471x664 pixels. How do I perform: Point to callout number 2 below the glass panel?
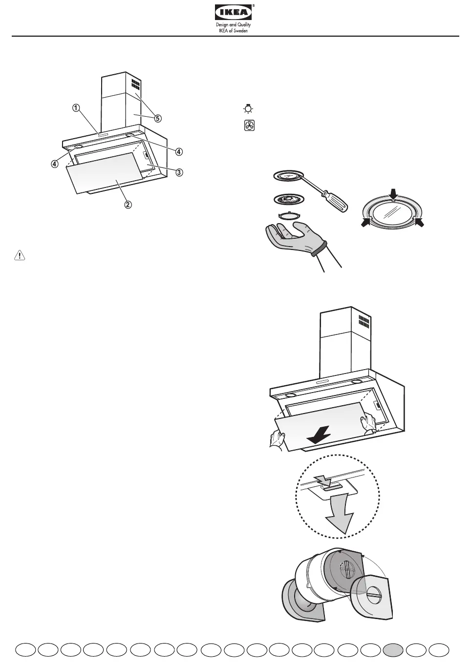pyautogui.click(x=128, y=204)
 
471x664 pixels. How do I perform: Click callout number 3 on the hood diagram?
pyautogui.click(x=179, y=172)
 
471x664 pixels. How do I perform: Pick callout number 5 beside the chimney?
pyautogui.click(x=158, y=118)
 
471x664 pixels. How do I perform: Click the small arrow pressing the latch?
pyautogui.click(x=323, y=479)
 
